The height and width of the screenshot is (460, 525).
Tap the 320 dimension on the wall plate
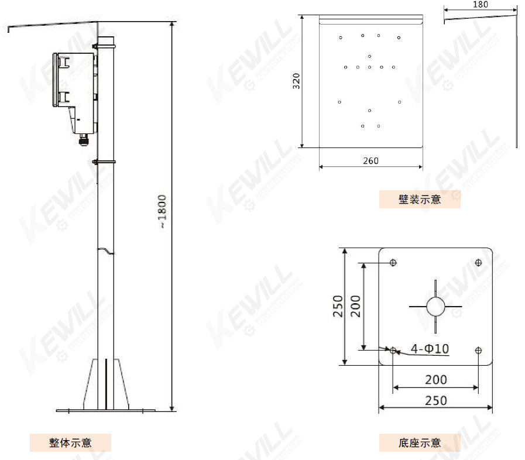coord(297,81)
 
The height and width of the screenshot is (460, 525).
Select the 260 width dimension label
coord(370,161)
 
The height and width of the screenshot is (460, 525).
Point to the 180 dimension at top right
coord(480,4)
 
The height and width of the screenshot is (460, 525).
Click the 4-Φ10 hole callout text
coord(430,349)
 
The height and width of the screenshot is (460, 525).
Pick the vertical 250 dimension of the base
coord(338,306)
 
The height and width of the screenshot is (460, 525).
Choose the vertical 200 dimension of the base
coord(355,306)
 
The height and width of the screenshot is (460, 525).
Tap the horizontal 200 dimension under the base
coord(435,380)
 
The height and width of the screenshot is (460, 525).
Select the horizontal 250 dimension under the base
coord(435,400)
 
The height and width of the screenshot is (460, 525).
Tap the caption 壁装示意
coord(420,200)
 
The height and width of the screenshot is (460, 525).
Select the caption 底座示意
coord(420,443)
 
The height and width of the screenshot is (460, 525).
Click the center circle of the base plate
coord(435,306)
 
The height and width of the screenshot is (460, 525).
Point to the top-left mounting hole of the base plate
coord(393,262)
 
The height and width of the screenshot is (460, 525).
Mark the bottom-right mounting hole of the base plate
coord(478,351)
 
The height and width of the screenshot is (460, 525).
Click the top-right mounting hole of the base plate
coord(478,262)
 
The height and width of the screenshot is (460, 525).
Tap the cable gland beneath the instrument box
coord(83,140)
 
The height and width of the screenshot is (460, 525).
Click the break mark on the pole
coord(106,250)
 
